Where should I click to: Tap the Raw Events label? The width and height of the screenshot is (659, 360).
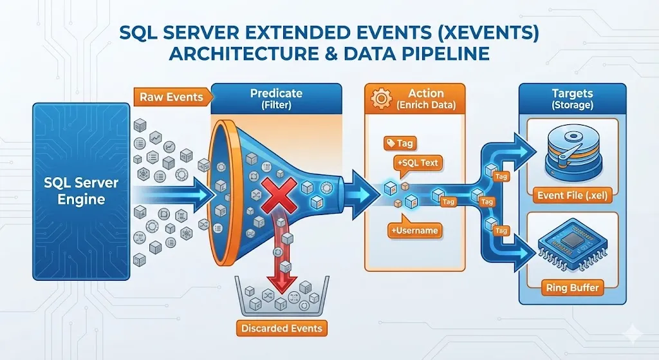click(172, 97)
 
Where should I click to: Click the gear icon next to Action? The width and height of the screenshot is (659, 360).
click(382, 99)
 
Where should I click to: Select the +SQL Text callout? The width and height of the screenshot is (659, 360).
click(419, 163)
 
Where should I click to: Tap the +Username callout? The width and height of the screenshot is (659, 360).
click(413, 230)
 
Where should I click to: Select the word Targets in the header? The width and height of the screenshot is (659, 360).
click(571, 93)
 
